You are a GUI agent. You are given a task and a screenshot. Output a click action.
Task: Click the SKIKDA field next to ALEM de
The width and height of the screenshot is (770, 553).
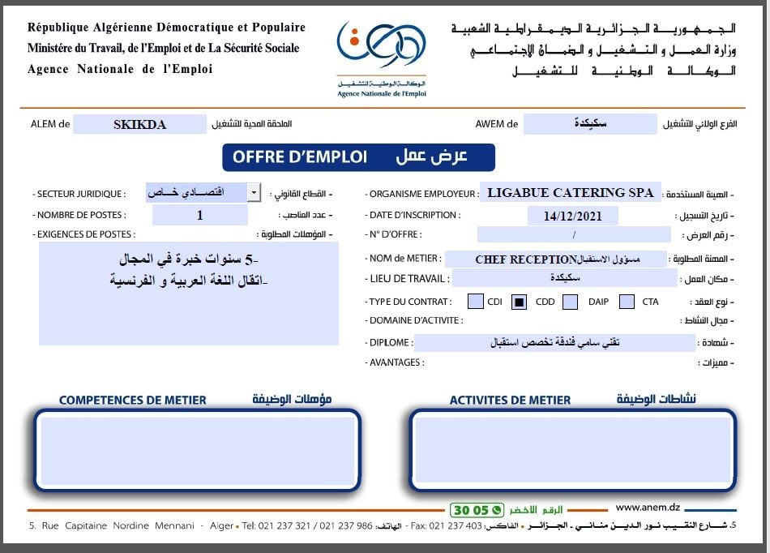pos(139,124)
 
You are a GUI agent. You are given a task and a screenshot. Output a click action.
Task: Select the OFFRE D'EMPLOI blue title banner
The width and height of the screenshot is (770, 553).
pos(357,157)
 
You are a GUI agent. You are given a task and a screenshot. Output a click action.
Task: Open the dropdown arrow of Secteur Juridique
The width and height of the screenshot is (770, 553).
pos(254,193)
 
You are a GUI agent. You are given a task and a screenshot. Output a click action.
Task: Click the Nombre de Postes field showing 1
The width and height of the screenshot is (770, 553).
pos(200,215)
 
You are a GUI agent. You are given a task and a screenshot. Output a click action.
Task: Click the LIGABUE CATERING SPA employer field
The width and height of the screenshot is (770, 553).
pos(570,193)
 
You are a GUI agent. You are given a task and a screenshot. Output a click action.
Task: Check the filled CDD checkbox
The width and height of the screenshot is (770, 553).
pos(520,302)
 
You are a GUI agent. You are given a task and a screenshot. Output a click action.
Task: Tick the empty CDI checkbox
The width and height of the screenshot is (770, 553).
pos(476,302)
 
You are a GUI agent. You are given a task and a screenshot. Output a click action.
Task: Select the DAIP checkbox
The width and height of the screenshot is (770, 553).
pos(570,302)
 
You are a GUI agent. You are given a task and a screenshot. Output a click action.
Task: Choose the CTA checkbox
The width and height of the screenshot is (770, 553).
pos(627,302)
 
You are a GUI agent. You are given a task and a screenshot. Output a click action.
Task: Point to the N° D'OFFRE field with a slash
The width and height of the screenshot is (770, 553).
pos(573,236)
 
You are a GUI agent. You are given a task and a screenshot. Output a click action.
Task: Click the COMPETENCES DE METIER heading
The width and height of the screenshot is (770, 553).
pos(133,400)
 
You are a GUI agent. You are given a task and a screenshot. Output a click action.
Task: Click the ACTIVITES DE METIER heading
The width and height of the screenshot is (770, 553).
pos(510,400)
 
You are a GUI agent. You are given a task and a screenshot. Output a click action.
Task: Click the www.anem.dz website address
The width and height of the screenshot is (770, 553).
pos(649,508)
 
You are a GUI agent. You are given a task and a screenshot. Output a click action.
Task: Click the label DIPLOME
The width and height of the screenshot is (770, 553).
pos(389,342)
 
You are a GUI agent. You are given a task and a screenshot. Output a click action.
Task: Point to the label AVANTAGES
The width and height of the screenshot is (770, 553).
pos(396,362)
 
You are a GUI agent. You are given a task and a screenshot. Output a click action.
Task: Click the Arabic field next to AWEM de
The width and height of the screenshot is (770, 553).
pos(589,124)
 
